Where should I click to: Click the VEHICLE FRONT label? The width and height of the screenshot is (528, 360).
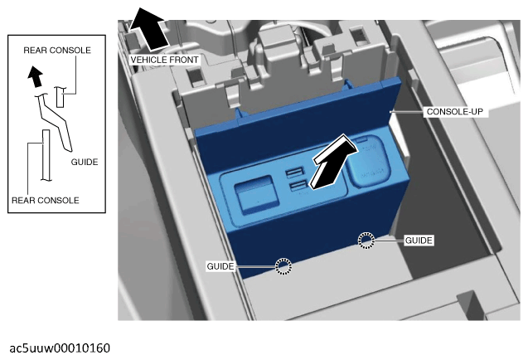point(164,60)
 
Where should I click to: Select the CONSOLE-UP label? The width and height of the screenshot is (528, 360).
point(454,112)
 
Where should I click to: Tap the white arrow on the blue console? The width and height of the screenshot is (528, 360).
point(334,162)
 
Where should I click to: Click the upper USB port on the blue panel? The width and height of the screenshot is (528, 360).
point(295,173)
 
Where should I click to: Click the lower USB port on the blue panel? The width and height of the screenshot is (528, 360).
point(298,186)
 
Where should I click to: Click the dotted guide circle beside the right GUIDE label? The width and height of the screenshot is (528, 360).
point(366,241)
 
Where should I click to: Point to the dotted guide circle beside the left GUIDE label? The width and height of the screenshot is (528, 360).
point(283,266)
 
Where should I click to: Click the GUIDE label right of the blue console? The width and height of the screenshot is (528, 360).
point(419,241)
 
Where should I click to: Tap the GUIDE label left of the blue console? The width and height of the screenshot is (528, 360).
point(220,266)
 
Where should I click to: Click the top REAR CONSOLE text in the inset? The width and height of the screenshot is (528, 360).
point(57,51)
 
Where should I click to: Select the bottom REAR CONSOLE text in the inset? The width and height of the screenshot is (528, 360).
point(46,200)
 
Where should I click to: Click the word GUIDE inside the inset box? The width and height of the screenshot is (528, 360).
point(85,162)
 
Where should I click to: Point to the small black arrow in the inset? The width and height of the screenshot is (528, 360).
point(35,76)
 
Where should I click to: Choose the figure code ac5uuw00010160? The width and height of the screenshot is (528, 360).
point(60,348)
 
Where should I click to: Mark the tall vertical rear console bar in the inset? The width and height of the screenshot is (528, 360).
point(46,155)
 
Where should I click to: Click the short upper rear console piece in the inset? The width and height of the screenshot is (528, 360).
point(60,97)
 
